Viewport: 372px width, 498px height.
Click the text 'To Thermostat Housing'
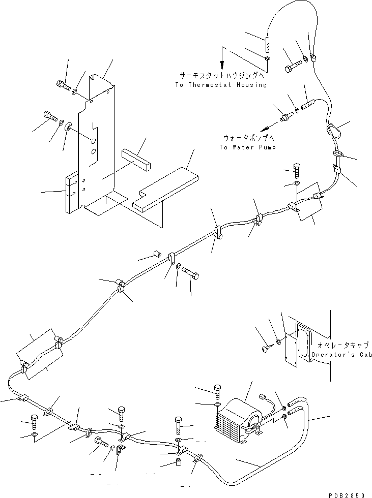220,85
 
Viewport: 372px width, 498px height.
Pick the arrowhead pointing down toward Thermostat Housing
222,68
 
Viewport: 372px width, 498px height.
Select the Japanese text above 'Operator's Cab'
347,344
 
